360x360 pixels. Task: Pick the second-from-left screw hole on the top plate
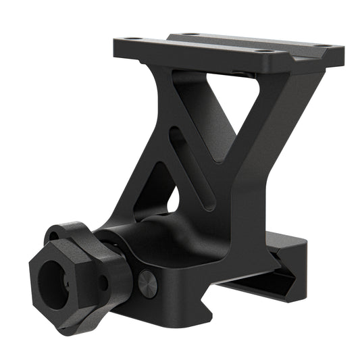click(x=190, y=34)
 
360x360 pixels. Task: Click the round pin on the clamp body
click(x=147, y=283)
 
